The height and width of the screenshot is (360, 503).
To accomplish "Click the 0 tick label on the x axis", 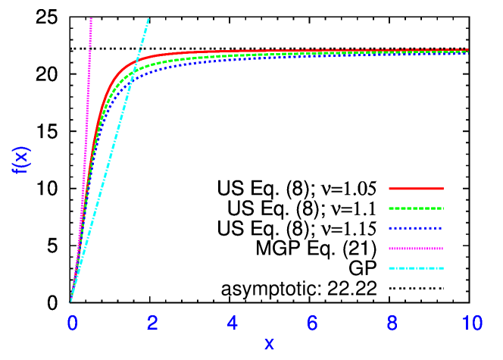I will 72,324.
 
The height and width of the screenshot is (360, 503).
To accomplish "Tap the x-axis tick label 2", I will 152,324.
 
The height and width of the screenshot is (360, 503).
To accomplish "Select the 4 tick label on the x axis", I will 233,324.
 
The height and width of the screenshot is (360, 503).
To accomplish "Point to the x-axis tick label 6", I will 312,324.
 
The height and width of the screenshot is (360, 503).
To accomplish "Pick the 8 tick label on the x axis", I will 392,324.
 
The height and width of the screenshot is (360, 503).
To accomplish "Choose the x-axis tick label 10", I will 472,324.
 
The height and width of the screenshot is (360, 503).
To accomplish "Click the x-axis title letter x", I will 269,343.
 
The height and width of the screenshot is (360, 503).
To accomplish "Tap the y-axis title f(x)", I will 21,160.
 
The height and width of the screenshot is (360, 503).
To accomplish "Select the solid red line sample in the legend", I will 416,188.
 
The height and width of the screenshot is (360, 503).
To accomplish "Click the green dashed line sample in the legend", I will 416,208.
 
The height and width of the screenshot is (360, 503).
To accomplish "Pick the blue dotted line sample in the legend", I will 416,228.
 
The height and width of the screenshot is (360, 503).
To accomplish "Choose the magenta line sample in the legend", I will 416,248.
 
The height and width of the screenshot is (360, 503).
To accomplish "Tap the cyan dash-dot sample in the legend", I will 416,268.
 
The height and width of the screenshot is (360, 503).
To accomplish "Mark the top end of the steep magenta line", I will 91,18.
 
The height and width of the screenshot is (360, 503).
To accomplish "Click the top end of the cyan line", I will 148,19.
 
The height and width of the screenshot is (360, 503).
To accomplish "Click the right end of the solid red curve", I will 467,50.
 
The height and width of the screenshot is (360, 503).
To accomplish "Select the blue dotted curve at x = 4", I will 232,59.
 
